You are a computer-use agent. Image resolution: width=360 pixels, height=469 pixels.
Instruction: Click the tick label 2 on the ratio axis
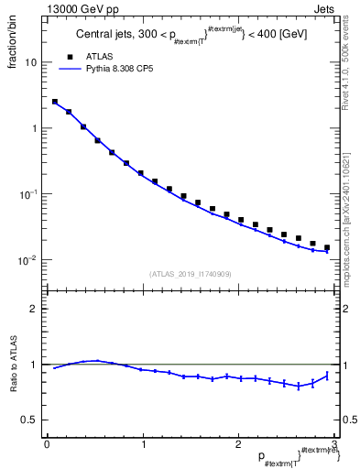(33, 309)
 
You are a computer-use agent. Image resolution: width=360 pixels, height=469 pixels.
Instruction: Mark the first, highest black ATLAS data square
(55, 102)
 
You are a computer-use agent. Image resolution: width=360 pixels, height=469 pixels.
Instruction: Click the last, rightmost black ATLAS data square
(327, 247)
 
